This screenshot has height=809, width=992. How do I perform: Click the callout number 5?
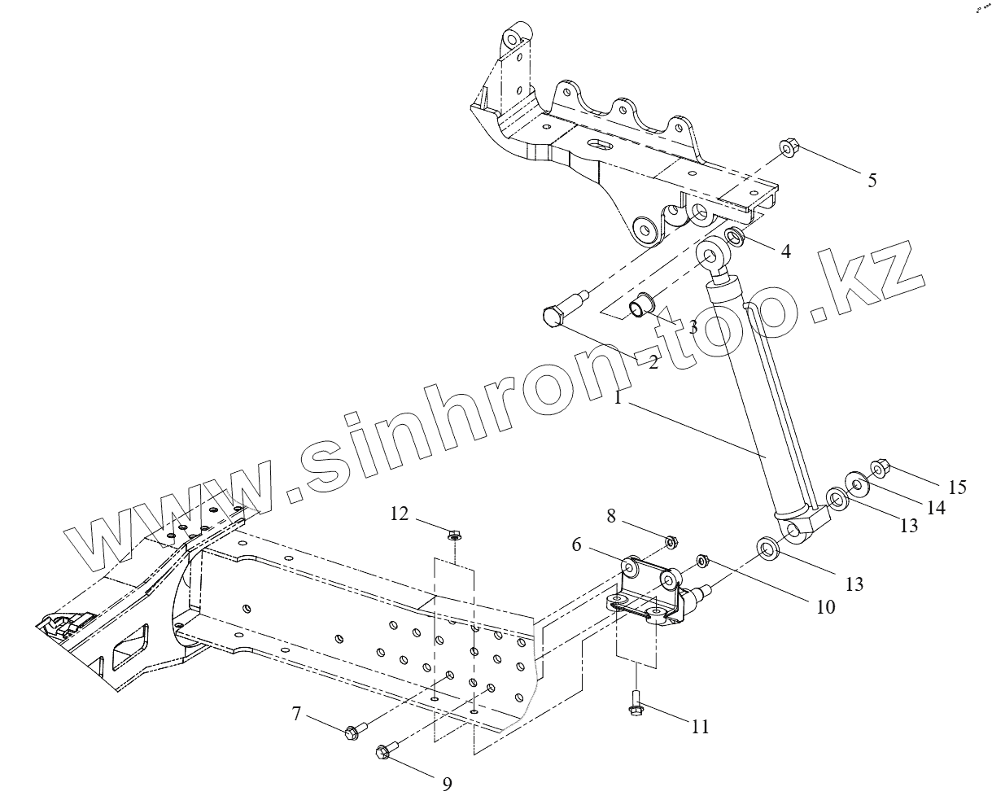872,181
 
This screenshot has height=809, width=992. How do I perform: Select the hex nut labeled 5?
789,148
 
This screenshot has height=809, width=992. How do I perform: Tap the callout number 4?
785,251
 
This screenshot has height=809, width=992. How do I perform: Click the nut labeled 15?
881,468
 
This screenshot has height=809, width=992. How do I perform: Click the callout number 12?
399,514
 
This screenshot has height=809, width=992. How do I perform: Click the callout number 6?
576,544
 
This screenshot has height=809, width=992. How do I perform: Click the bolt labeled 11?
636,705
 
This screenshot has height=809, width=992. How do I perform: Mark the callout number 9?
447,784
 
